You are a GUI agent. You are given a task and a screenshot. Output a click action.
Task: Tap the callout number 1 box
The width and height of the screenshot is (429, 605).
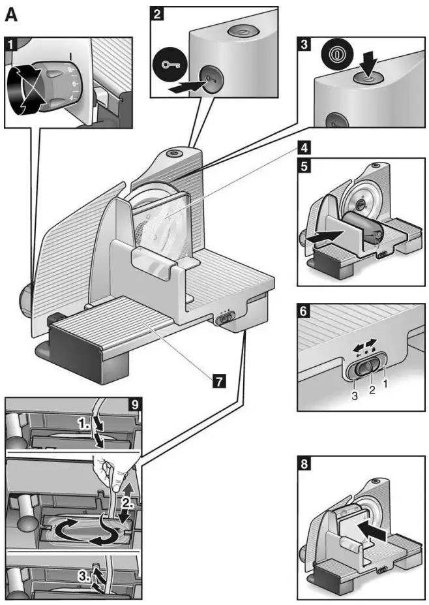11,45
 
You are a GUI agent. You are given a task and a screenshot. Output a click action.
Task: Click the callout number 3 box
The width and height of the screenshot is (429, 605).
303,45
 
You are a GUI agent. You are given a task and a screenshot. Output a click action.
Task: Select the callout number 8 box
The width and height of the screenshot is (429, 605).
303,467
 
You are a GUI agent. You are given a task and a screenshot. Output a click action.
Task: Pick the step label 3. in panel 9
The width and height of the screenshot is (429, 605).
84,576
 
